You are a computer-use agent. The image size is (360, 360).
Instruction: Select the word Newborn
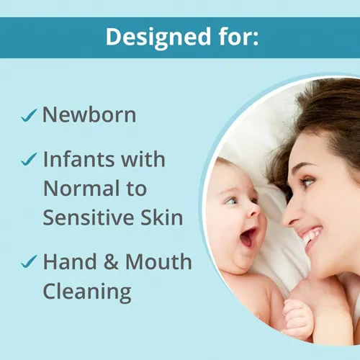pos(89,114)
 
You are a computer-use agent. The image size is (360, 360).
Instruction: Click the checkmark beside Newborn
pos(30,116)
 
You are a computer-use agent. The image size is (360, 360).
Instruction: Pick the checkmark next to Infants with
pos(30,159)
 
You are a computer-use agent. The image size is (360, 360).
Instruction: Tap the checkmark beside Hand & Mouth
pos(30,263)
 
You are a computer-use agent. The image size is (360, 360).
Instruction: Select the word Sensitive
pos(86,219)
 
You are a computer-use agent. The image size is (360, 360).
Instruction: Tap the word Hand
pos(71,261)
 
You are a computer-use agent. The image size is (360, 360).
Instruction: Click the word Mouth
pos(160,261)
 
